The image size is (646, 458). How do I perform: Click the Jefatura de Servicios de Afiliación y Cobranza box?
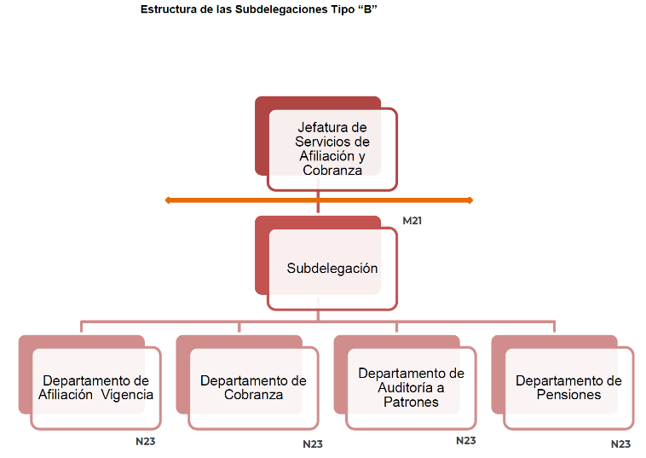332,148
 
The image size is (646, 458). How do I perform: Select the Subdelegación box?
332,268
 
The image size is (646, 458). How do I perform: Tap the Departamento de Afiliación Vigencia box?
95,387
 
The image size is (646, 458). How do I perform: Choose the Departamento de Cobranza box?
253,387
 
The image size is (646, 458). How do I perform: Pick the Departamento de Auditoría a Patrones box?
411,387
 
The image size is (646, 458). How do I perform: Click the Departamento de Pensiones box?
568,387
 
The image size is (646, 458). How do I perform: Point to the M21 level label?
412,221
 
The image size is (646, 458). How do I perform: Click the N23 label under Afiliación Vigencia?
146,442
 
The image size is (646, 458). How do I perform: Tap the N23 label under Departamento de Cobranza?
313,444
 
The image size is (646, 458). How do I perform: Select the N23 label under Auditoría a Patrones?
465,441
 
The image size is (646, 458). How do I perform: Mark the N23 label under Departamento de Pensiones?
620,444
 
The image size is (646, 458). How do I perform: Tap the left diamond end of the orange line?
168,200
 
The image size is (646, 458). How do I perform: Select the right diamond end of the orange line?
469,200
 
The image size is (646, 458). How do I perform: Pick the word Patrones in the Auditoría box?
411,401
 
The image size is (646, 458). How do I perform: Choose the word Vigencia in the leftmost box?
128,395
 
